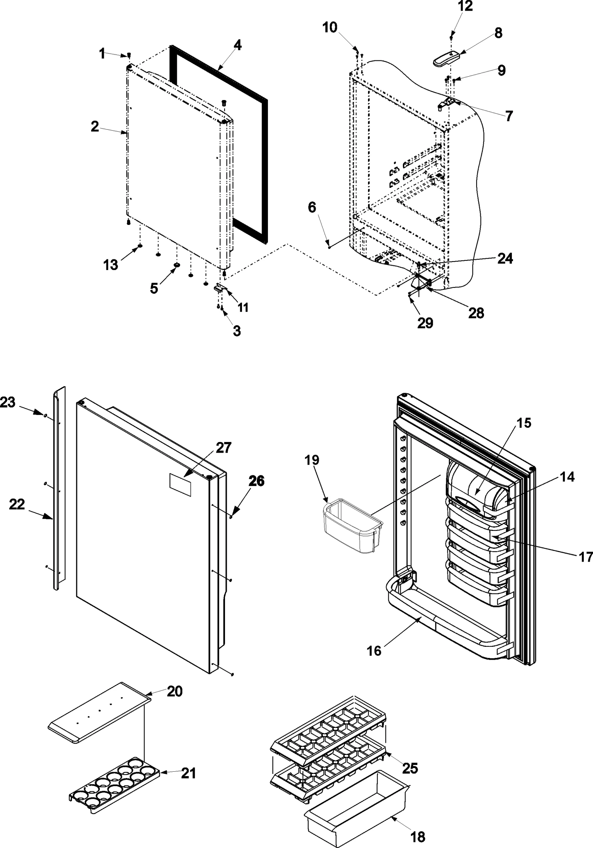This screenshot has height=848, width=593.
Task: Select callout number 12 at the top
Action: [465, 6]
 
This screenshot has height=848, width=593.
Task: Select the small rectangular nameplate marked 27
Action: [180, 485]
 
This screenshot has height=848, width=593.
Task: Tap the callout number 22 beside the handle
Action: [17, 504]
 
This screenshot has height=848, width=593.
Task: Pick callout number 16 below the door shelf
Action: [374, 650]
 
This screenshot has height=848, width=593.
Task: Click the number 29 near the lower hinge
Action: [425, 323]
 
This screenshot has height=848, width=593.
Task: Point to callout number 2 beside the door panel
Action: [95, 127]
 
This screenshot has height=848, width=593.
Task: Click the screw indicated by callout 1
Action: [129, 55]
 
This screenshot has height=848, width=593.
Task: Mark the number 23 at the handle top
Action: [8, 402]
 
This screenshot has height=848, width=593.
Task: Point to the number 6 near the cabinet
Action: [312, 207]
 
